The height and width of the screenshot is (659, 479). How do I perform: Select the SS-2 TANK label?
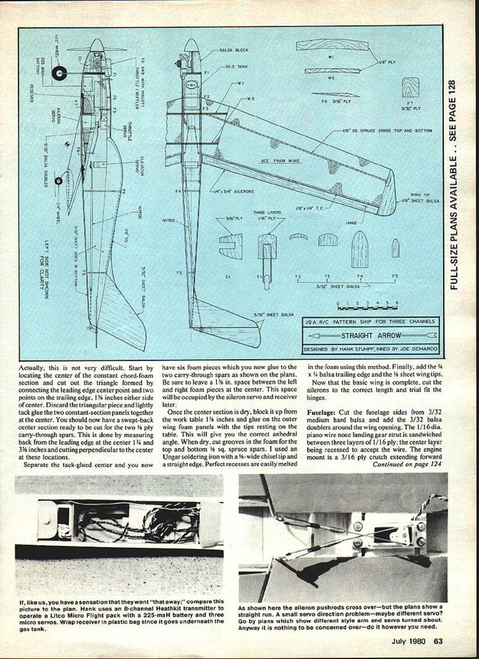coord(236,67)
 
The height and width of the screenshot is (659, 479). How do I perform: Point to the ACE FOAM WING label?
coord(280,161)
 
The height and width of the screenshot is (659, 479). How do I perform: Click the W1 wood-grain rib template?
coord(332,45)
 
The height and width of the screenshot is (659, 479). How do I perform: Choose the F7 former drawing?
coord(410,87)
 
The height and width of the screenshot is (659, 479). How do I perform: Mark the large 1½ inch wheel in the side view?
coord(59,72)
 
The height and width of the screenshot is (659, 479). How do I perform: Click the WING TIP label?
coord(419,195)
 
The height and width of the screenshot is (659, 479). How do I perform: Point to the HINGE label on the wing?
coord(351,223)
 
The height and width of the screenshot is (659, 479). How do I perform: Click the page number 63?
coord(438,642)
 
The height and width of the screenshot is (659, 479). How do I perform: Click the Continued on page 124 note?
coord(407,464)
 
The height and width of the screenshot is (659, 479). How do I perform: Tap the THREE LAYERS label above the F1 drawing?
coord(267,212)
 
